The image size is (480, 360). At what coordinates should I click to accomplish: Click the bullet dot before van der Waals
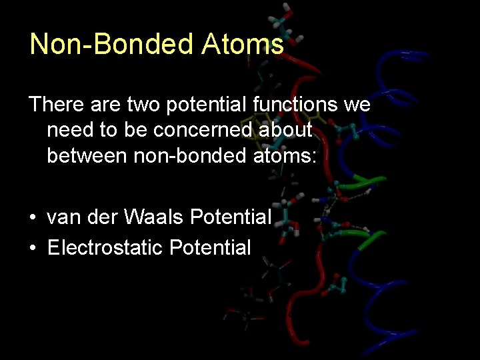pos(33,218)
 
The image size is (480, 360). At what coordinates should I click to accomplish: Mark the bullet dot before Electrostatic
pos(33,249)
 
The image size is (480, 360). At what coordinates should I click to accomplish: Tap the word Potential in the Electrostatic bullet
pos(210,248)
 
